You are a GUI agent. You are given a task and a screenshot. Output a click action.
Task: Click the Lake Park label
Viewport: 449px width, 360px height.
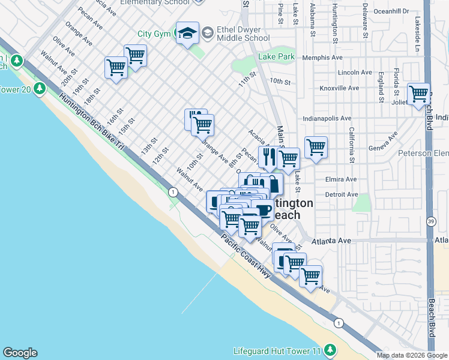pyautogui.click(x=276, y=57)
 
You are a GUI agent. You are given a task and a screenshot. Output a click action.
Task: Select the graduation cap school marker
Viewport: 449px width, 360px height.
pyautogui.click(x=187, y=33)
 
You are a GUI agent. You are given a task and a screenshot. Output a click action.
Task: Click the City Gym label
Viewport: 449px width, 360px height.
pyautogui.click(x=154, y=34)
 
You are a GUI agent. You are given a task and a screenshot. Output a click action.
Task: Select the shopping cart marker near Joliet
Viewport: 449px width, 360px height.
pyautogui.click(x=418, y=94)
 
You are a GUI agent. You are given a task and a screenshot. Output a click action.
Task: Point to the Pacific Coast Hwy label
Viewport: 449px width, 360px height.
pyautogui.click(x=246, y=254)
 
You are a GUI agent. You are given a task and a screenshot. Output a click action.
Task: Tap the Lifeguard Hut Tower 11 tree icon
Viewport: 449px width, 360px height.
pyautogui.click(x=329, y=350)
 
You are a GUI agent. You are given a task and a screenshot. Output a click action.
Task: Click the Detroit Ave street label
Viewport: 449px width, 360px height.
pyautogui.click(x=341, y=194)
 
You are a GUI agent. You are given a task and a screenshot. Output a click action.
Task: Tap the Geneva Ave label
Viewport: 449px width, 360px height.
pyautogui.click(x=382, y=145)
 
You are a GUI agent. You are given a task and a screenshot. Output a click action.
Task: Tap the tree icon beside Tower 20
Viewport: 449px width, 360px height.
pyautogui.click(x=40, y=89)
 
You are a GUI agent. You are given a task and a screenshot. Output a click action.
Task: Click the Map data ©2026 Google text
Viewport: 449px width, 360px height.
pyautogui.click(x=412, y=355)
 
